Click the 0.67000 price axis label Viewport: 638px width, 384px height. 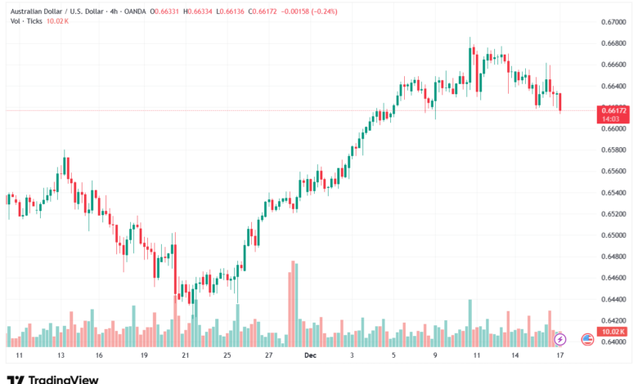point(613,21)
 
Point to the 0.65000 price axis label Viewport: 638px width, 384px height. point(613,235)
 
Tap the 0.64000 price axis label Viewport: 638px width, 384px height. point(613,342)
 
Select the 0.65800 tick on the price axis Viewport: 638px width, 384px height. point(613,150)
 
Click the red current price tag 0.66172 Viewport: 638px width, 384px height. point(613,110)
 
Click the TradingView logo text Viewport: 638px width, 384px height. point(63,378)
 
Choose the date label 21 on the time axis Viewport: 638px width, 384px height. point(186,356)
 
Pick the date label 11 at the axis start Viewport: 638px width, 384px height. point(19,356)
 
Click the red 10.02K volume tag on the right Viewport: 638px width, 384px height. point(613,332)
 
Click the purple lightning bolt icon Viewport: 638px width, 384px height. point(560,338)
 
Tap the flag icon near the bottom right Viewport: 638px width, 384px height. point(586,338)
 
